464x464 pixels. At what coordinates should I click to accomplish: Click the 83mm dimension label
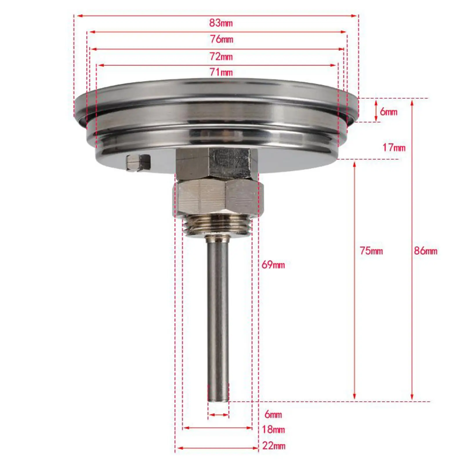[x=221, y=23]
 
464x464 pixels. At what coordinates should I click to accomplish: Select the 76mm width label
[x=222, y=39]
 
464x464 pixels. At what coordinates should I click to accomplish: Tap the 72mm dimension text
[x=221, y=57]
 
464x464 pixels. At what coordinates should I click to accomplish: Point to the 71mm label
[x=221, y=72]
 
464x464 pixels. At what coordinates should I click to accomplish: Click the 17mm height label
[x=394, y=148]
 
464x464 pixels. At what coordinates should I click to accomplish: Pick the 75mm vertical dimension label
[x=371, y=251]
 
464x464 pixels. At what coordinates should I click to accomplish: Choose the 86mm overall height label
[x=425, y=251]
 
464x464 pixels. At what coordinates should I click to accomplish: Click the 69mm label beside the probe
[x=273, y=265]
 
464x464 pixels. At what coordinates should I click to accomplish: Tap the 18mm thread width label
[x=273, y=429]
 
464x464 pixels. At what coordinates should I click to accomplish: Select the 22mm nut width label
[x=273, y=446]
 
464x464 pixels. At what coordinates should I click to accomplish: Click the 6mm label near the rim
[x=388, y=112]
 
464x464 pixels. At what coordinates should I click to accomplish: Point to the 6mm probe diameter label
[x=273, y=414]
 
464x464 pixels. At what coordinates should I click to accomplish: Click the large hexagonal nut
[x=218, y=197]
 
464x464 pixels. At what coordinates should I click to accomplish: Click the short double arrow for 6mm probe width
[x=218, y=415]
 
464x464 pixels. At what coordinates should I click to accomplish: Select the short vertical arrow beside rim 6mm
[x=376, y=110]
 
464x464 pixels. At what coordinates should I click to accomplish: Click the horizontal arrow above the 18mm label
[x=217, y=428]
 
